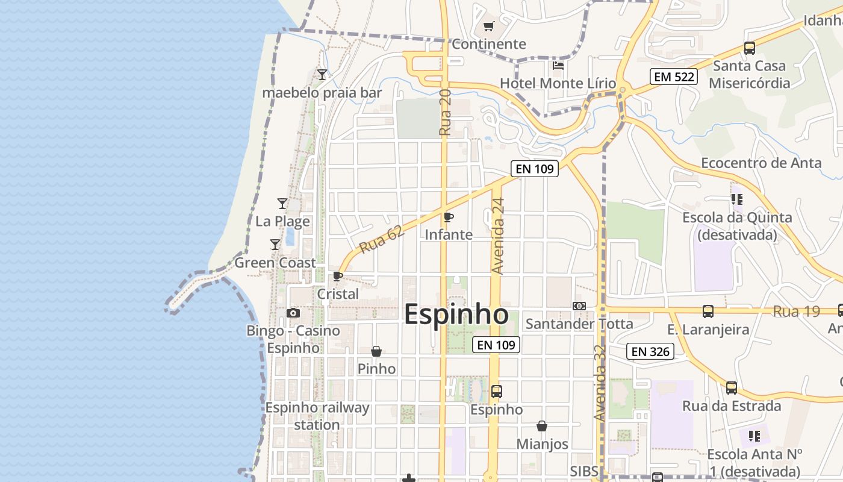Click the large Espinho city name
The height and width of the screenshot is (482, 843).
point(456,315)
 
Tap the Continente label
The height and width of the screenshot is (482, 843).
point(488,44)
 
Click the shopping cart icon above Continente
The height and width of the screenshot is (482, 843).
point(488,27)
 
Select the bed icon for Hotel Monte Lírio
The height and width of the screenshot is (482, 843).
point(558,65)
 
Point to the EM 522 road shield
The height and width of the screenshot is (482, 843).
point(674,77)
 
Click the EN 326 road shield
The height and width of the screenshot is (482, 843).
point(650,351)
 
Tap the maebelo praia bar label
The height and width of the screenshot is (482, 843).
point(322,93)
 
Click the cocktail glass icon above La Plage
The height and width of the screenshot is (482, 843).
point(282,204)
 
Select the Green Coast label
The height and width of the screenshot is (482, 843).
point(275,263)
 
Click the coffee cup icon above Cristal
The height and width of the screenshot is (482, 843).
point(338,277)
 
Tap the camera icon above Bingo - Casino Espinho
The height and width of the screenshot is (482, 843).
point(293,313)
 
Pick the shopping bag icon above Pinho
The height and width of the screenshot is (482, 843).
point(376,351)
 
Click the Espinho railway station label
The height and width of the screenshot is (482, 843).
point(317,416)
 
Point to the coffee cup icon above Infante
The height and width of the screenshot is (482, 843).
point(448,217)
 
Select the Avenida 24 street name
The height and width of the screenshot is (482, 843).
point(497,236)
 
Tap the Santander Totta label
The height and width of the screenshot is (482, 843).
point(579,324)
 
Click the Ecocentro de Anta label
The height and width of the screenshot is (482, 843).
point(761,163)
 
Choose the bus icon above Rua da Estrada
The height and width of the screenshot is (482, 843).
point(731,388)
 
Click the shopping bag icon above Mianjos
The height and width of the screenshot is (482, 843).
point(542,427)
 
